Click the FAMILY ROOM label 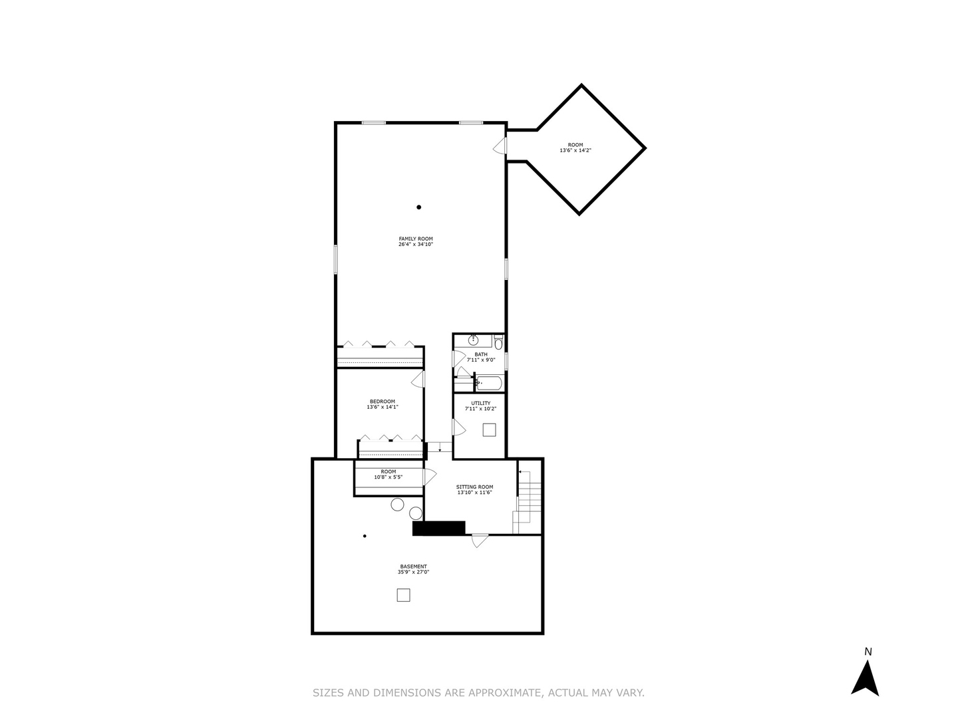416,239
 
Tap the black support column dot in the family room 419,207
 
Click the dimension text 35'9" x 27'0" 413,572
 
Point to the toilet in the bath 499,344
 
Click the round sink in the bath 473,340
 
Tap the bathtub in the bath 489,383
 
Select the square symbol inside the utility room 489,429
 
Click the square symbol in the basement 403,595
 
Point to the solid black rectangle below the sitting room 438,528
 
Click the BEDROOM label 383,402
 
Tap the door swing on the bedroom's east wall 418,379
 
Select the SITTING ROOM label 474,487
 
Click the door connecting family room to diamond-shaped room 501,145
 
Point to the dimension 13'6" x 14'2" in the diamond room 575,151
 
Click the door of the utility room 458,427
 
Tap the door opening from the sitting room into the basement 479,540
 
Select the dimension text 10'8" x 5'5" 389,477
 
